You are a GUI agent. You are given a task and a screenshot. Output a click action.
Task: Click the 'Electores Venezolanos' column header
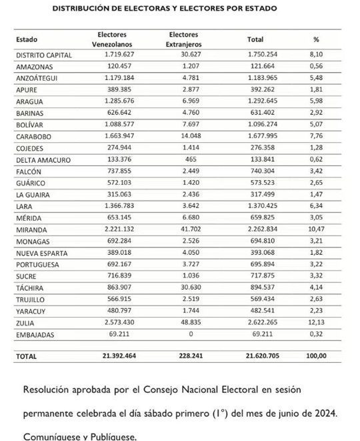(112, 39)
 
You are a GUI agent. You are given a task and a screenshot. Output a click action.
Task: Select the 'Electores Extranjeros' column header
(183, 39)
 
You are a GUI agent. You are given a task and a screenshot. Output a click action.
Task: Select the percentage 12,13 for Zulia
(318, 322)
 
